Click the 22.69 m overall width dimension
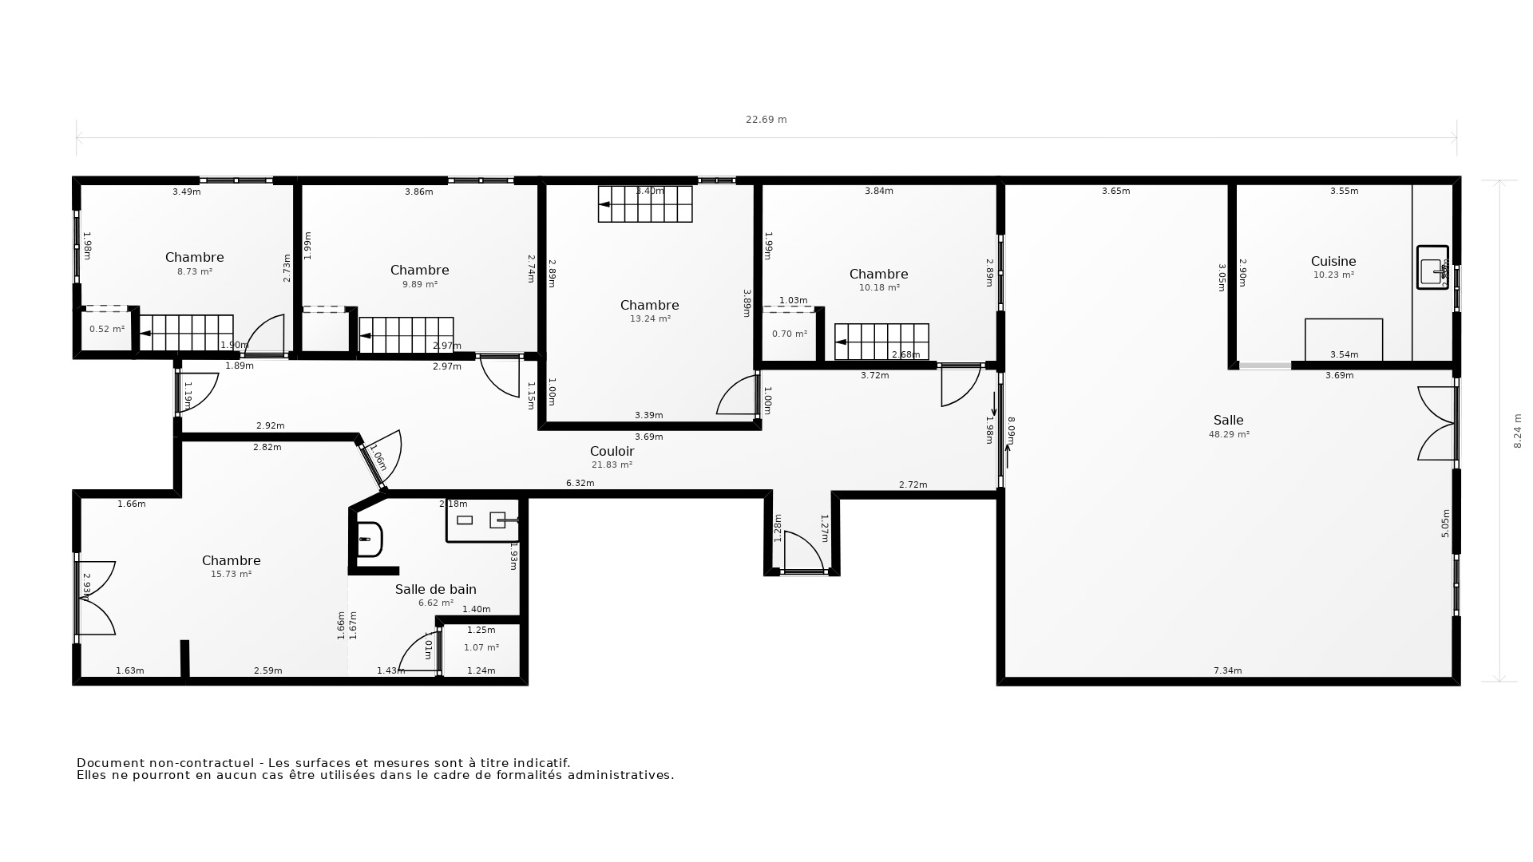pyautogui.click(x=766, y=120)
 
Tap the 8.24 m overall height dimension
pyautogui.click(x=1518, y=430)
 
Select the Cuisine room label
pyautogui.click(x=1333, y=261)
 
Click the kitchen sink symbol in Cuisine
pyautogui.click(x=1432, y=267)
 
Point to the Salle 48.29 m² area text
pyautogui.click(x=1229, y=435)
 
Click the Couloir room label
pyautogui.click(x=612, y=452)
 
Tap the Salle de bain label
pyautogui.click(x=435, y=590)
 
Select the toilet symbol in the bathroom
pyautogui.click(x=369, y=540)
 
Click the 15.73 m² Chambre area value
pyautogui.click(x=231, y=575)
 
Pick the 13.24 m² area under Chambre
pyautogui.click(x=650, y=319)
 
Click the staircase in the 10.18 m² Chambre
pyautogui.click(x=881, y=342)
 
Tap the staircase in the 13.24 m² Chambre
pyautogui.click(x=645, y=204)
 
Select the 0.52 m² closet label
pyautogui.click(x=107, y=330)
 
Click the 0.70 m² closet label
pyautogui.click(x=789, y=334)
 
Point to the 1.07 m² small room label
pyautogui.click(x=481, y=648)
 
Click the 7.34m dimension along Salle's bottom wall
pyautogui.click(x=1227, y=671)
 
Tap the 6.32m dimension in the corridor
pyautogui.click(x=580, y=484)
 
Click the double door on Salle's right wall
pyautogui.click(x=1438, y=424)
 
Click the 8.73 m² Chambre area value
pyautogui.click(x=194, y=272)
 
